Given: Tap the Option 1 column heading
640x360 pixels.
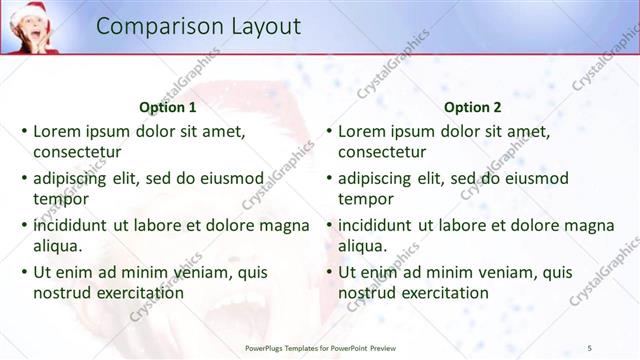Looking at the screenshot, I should point(167,107).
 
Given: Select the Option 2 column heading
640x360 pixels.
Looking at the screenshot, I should point(472,107).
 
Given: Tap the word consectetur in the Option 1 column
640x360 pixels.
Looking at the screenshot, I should point(77,153).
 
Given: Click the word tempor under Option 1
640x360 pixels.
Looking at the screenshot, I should point(60,200).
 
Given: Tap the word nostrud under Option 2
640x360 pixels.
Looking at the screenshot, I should point(368,293).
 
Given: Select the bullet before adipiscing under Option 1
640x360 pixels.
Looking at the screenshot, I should point(24,178).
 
